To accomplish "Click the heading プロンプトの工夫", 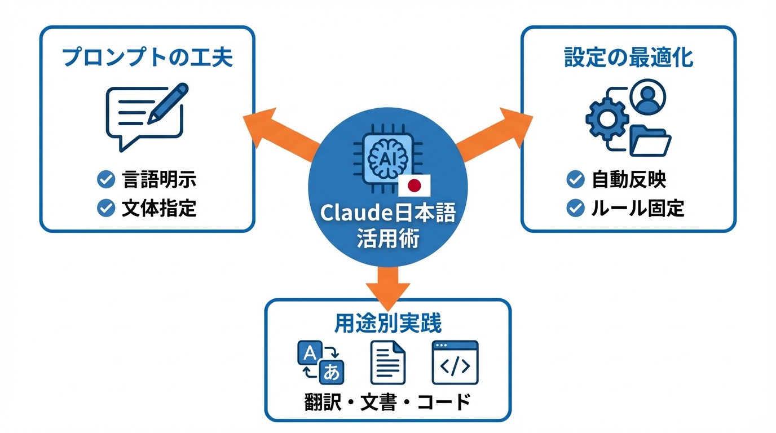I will point(148,58).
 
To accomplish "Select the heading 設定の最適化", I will point(628,58).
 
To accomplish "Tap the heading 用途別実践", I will point(388,323).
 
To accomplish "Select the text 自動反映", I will point(629,180).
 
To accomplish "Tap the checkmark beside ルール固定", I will point(575,208).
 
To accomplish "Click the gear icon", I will point(607,118).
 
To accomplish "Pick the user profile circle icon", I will point(649,96).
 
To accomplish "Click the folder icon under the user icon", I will point(650,141).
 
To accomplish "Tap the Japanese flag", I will point(415,184).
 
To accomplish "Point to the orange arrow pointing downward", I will point(388,285).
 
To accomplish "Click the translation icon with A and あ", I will point(320,363).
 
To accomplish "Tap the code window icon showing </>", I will point(455,363).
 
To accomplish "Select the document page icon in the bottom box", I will point(388,363).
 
